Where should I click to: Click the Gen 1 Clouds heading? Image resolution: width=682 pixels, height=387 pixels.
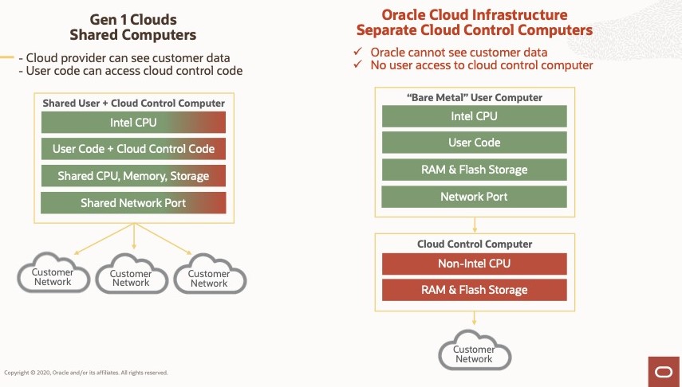point(132,18)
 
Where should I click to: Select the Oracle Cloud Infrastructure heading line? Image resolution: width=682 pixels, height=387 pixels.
point(474,14)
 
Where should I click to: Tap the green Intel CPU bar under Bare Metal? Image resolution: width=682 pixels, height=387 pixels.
point(475,116)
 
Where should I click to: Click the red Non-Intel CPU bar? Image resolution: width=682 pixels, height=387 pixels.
point(475,264)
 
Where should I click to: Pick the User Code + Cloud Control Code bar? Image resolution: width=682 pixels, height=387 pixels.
point(133,149)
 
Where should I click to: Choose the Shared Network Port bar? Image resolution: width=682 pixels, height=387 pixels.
point(133,203)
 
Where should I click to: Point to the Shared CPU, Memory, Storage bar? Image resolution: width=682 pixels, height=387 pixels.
point(133,176)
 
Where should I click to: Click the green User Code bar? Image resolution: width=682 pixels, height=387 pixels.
point(475,143)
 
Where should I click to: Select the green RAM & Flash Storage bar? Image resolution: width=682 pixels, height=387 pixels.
point(475,170)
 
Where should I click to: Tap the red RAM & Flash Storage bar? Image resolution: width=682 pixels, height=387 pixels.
point(475,290)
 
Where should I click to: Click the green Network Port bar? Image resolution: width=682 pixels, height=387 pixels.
point(475,197)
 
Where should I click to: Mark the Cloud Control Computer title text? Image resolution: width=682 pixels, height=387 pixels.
point(475,244)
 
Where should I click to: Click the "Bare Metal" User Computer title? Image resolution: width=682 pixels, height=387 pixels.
point(475,97)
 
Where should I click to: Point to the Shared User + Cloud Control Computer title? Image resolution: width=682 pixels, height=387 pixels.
point(133,104)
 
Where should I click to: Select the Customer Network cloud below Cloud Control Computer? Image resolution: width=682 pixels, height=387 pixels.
point(474,354)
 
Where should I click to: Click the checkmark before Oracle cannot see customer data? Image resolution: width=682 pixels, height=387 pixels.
point(358,53)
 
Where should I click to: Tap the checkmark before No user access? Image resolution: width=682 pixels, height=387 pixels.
point(358,65)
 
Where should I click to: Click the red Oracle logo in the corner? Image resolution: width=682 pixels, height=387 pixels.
point(664,371)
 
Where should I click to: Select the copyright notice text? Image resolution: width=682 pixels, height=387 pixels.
point(86,372)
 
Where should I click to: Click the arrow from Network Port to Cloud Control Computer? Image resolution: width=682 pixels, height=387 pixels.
point(475,221)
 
